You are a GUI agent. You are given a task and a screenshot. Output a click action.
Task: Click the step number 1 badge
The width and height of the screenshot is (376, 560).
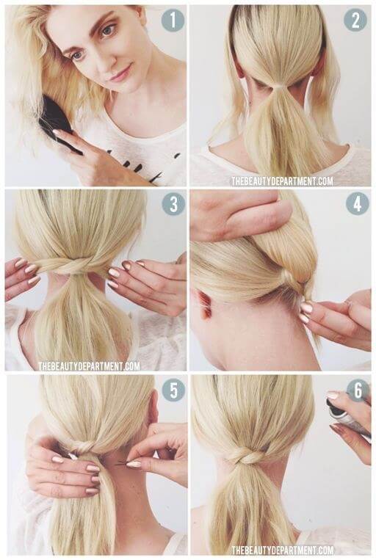pos(173,20)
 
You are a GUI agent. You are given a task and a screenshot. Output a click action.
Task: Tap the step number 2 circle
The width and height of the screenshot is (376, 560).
pos(355,20)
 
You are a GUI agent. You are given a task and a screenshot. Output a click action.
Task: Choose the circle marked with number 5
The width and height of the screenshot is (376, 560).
pos(173,390)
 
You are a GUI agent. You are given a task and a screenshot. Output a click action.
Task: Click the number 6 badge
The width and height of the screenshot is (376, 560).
pos(358,390)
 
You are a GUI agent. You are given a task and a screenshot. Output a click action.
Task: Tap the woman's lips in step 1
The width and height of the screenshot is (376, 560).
pos(121,74)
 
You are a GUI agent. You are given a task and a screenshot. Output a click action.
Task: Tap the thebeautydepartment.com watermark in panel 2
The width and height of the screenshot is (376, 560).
pos(282,181)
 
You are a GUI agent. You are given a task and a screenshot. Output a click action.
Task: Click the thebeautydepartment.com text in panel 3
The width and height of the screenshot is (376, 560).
pos(89,366)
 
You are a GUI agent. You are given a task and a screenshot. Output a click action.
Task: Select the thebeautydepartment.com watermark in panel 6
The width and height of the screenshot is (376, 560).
pos(282,550)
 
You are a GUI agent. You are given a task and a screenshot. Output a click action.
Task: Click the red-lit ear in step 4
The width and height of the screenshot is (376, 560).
pos(206,304)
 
